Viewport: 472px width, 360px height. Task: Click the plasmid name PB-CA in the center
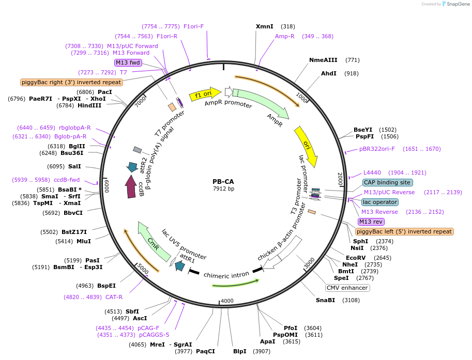[223, 181]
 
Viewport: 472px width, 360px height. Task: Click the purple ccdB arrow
[131, 186]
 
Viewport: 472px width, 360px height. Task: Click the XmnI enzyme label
[264, 26]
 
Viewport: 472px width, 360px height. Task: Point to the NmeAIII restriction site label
[323, 60]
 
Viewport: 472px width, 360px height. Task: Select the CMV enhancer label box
[347, 288]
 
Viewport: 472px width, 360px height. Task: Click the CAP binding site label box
[387, 182]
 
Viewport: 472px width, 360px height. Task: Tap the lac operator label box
[380, 202]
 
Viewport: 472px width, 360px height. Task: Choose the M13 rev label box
[371, 222]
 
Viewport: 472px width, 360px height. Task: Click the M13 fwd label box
[128, 62]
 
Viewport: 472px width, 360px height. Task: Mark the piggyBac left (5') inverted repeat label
[404, 232]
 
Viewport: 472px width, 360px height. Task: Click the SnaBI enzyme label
[326, 300]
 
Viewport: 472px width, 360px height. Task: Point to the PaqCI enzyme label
[205, 351]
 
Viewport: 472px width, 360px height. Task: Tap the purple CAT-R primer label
[114, 297]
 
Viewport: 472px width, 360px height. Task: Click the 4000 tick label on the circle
[227, 301]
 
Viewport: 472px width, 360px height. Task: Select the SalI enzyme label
[74, 166]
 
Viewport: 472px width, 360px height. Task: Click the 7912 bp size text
[223, 189]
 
